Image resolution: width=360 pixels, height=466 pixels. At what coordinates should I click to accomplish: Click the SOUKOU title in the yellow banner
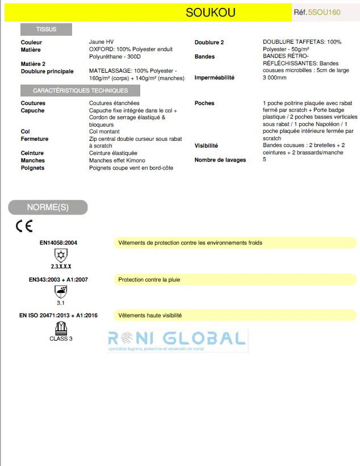[210, 12]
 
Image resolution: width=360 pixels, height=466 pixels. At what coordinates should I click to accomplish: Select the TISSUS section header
[46, 29]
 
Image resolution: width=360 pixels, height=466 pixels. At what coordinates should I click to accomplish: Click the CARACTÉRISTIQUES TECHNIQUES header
[80, 91]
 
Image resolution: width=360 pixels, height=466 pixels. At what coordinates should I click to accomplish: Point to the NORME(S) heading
[48, 207]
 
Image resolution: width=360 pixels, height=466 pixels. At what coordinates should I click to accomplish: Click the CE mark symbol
[24, 226]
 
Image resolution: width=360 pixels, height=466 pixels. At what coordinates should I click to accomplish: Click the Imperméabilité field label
[214, 78]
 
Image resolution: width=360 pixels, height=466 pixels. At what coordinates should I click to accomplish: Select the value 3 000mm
[275, 78]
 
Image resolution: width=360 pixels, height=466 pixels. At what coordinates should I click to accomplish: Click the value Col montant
[104, 132]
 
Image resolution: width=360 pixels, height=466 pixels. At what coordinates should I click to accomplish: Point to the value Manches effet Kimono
[117, 161]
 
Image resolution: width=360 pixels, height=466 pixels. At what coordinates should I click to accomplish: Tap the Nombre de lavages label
[220, 160]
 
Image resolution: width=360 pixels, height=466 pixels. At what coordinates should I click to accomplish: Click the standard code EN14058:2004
[58, 243]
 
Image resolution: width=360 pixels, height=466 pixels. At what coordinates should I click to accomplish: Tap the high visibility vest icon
[60, 328]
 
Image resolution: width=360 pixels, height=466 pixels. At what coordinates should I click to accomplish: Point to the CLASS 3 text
[61, 339]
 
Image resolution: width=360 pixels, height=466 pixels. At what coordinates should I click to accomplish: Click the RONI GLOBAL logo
[178, 341]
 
